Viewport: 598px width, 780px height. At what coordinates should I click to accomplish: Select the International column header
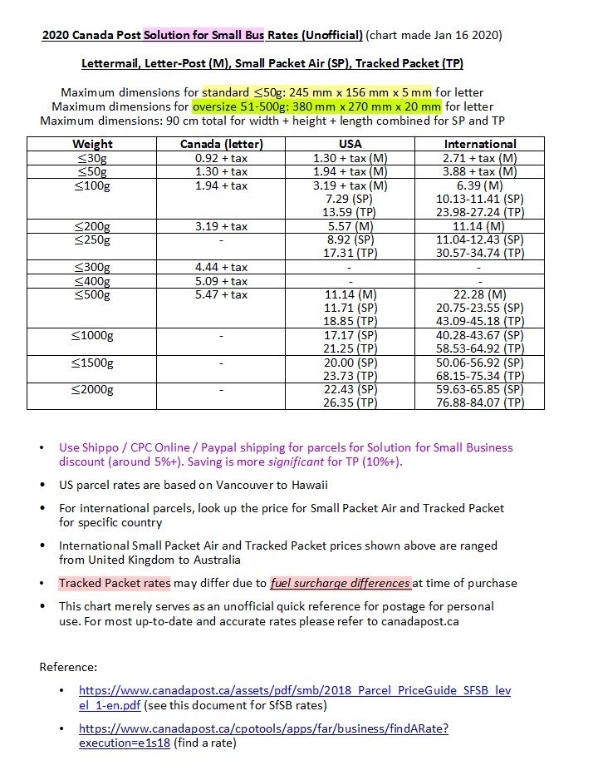(479, 144)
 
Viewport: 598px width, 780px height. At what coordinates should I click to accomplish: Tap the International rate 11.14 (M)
(479, 226)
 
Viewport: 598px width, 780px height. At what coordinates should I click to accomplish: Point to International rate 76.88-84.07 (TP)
(479, 402)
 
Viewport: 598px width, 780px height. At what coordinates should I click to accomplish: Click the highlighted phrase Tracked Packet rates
(115, 583)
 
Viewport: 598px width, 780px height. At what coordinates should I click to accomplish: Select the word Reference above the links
(69, 667)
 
